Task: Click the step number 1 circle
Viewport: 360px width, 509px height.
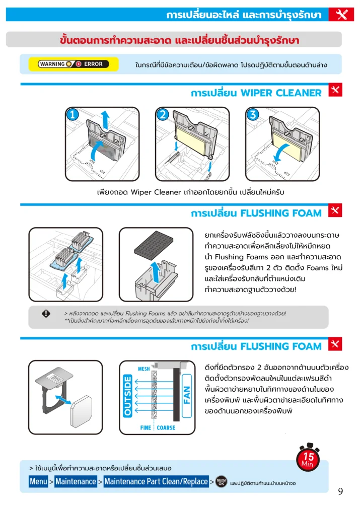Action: click(73, 114)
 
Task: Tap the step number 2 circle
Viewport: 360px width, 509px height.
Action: click(163, 114)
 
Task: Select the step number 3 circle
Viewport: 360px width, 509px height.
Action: click(253, 114)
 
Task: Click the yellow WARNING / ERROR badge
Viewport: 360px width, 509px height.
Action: click(74, 64)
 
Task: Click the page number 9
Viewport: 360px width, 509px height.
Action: click(340, 491)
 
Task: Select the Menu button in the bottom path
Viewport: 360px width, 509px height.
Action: click(38, 481)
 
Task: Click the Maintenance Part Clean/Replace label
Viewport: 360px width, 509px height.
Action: click(156, 481)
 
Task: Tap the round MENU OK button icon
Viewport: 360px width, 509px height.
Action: click(221, 482)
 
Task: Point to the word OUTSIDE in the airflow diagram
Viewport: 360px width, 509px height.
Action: click(127, 395)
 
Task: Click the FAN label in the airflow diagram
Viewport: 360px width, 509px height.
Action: click(187, 395)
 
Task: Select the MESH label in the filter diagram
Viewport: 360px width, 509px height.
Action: click(144, 369)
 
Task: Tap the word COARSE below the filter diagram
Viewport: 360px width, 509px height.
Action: click(166, 428)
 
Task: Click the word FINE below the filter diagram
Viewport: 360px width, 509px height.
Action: click(146, 428)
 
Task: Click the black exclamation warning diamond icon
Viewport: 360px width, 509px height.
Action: click(46, 314)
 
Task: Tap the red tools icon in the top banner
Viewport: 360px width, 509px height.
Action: click(341, 15)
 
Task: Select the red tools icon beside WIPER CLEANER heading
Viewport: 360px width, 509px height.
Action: click(335, 90)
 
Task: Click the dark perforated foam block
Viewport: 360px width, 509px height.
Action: click(154, 243)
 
